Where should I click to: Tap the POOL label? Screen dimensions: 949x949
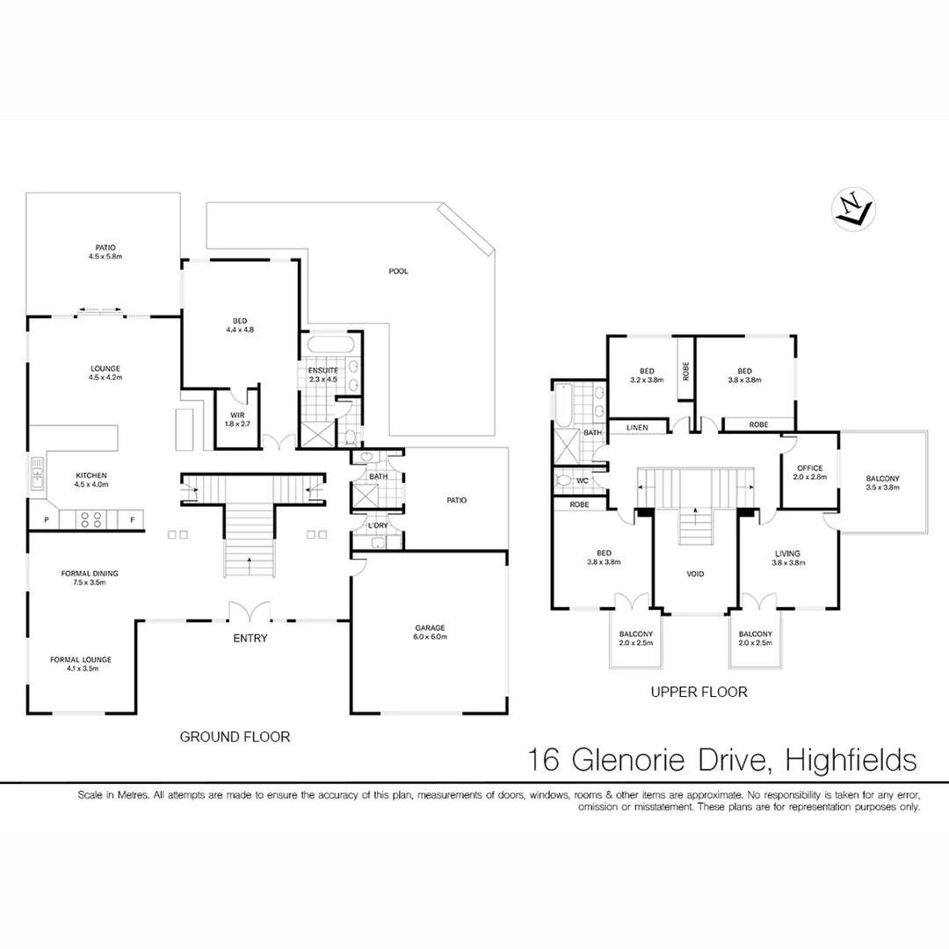click(399, 272)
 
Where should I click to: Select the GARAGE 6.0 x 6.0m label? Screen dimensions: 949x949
click(430, 633)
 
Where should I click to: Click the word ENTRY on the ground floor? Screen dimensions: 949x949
click(250, 638)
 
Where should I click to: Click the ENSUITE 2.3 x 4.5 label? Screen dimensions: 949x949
click(322, 375)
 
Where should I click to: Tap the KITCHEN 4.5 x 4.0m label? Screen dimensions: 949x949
click(91, 480)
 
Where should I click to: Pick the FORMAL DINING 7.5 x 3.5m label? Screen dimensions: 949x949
click(90, 578)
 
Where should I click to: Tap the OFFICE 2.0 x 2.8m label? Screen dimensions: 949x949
click(809, 473)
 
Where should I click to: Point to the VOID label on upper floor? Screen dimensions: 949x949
click(695, 574)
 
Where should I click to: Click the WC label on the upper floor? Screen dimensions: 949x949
click(581, 481)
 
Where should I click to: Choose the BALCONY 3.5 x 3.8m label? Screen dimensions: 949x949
click(882, 483)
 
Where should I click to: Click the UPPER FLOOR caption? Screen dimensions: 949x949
click(699, 692)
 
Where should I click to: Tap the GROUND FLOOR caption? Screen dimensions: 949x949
click(235, 737)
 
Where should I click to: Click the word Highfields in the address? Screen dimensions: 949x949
click(851, 759)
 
